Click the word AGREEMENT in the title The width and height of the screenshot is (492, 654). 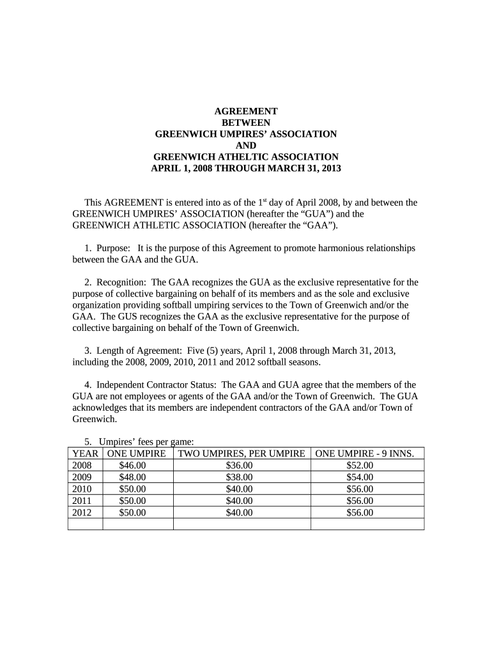point(245,111)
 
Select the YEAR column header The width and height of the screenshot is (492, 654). point(85,453)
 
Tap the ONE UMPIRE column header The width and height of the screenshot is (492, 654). point(137,453)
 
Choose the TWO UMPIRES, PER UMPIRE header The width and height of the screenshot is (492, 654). point(242,453)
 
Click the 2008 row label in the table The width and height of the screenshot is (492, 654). point(82,466)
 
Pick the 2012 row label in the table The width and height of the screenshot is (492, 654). point(82,512)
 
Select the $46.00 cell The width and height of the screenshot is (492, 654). point(132,466)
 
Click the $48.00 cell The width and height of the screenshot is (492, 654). point(132,477)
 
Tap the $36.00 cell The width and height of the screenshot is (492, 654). point(240,466)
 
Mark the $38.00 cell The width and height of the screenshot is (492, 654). point(240,477)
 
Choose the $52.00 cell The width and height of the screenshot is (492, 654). point(360,466)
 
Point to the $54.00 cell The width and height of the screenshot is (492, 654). point(360,477)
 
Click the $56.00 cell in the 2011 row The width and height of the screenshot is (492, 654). point(360,501)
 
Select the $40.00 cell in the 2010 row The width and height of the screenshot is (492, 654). point(240,489)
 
